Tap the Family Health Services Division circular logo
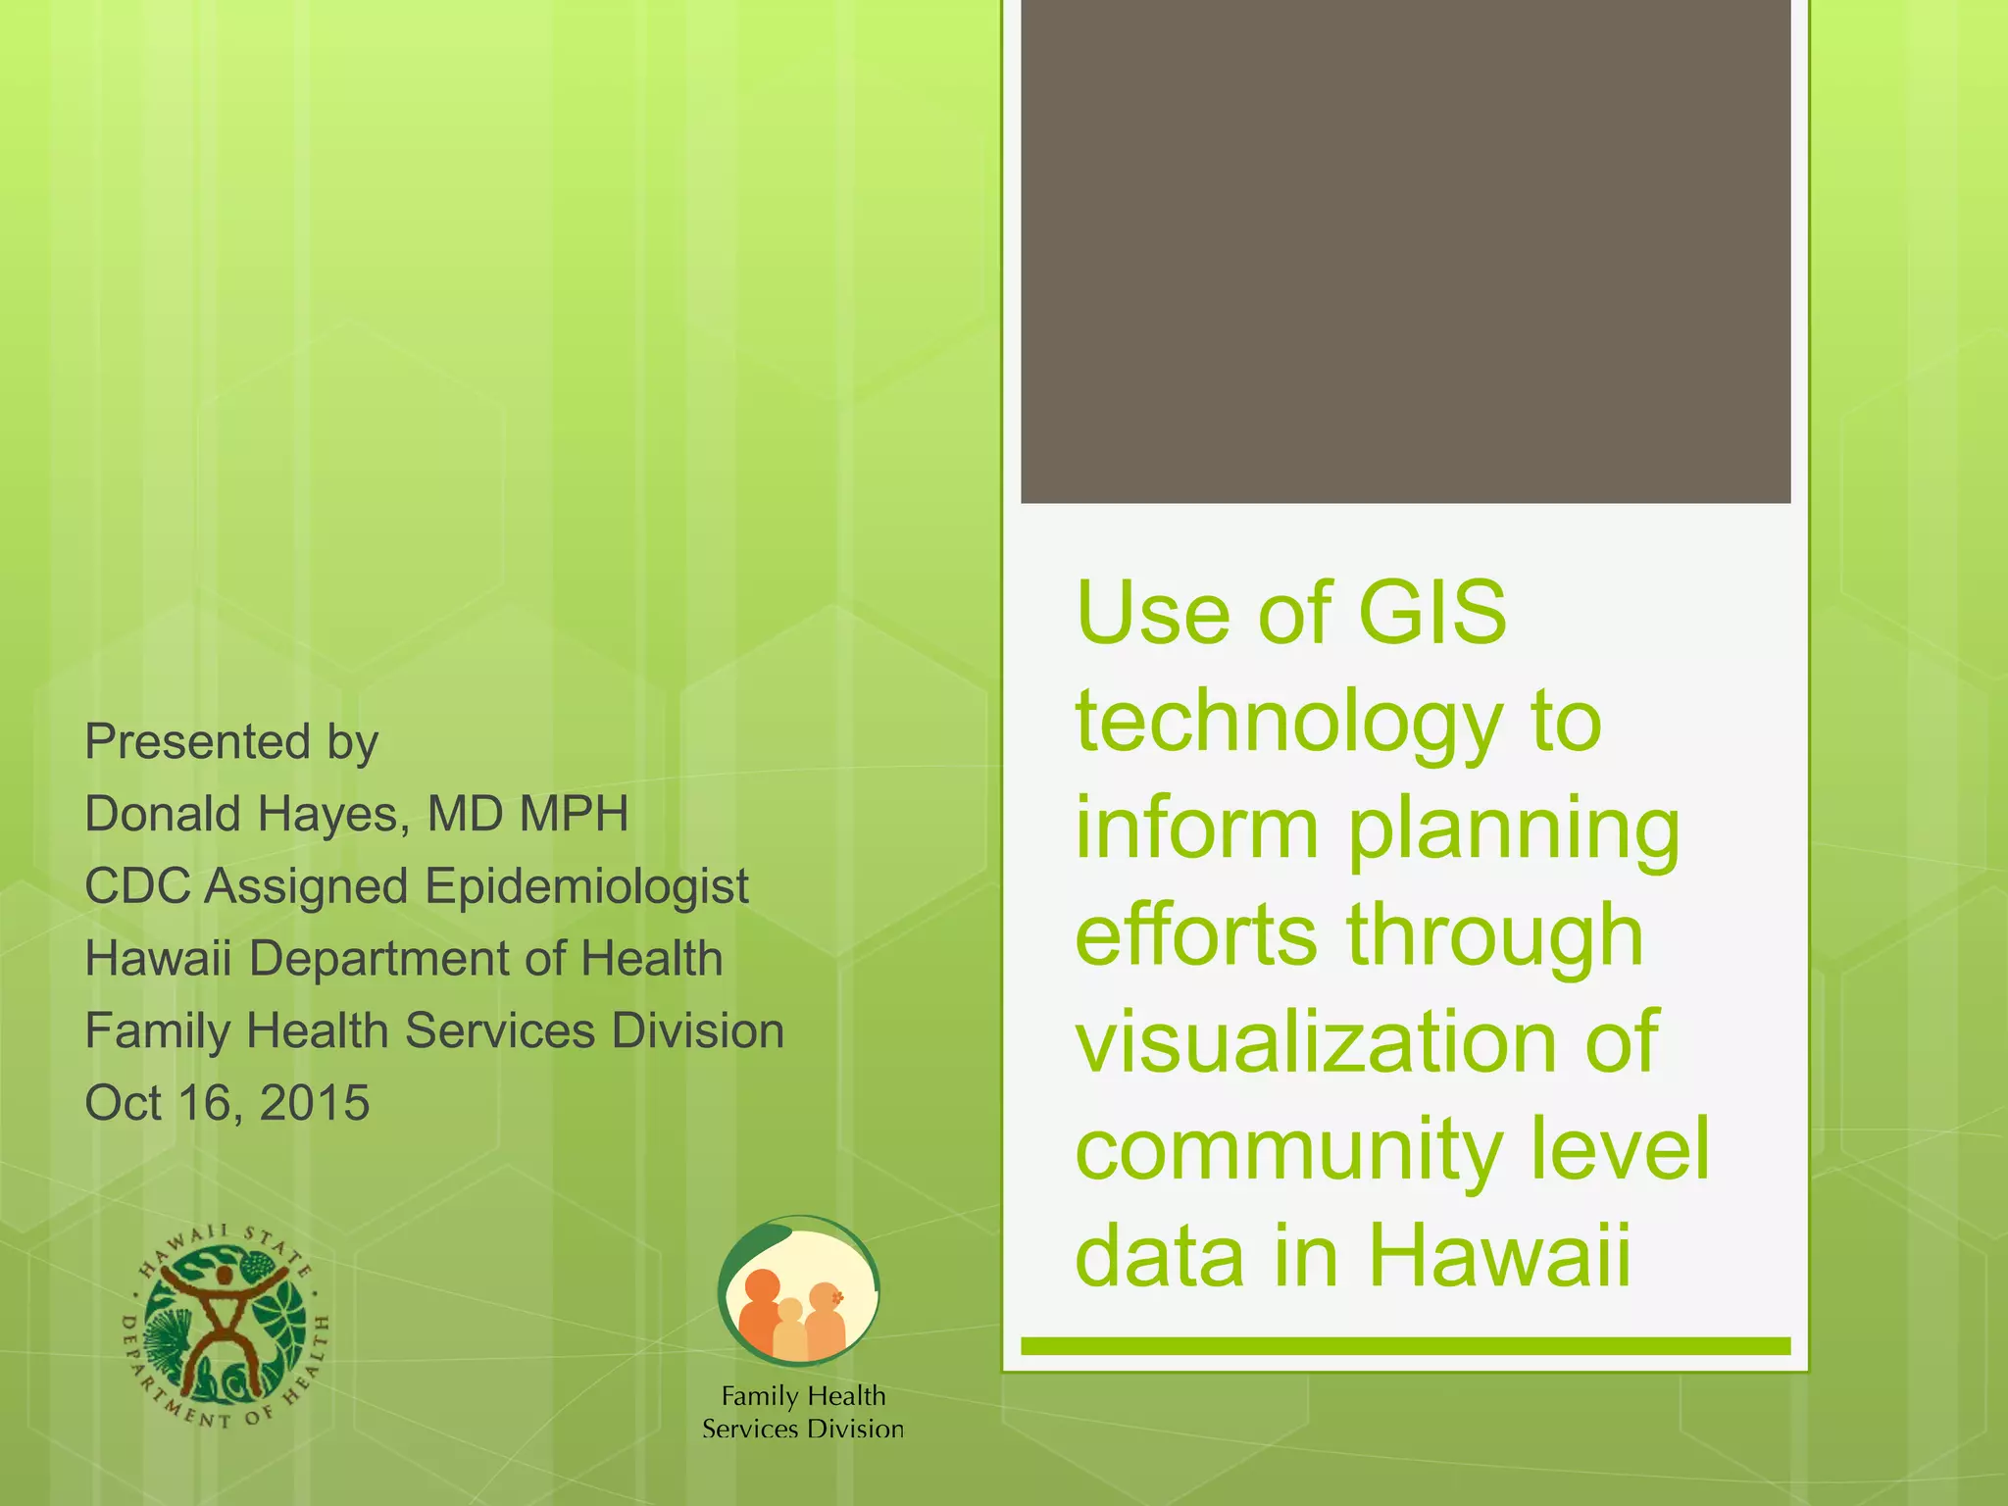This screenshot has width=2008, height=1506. (x=798, y=1291)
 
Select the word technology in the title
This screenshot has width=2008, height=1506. (x=1288, y=723)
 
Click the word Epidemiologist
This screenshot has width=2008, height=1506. (x=586, y=886)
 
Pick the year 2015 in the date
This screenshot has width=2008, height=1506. (x=315, y=1103)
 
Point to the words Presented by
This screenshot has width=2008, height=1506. (x=231, y=742)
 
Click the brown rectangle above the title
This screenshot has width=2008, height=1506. (x=1405, y=251)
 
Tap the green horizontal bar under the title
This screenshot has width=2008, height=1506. (x=1405, y=1346)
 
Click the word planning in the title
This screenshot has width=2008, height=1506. (x=1513, y=829)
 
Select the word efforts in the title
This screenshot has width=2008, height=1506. (x=1196, y=934)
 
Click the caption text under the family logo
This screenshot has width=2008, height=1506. (x=803, y=1412)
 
